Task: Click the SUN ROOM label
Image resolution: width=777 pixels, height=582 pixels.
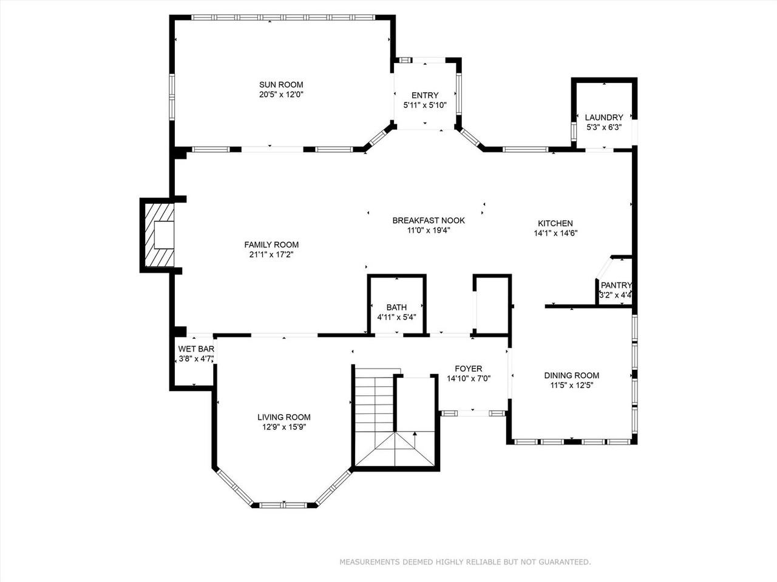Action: tap(281, 85)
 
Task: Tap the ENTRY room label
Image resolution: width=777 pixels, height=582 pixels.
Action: tap(425, 95)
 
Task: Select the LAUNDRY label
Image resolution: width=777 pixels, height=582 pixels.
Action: tap(604, 118)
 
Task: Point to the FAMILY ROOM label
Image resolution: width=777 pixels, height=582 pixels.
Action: tap(271, 244)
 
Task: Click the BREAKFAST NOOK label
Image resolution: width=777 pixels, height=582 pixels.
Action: tap(429, 221)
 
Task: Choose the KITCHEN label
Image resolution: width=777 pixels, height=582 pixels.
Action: tap(555, 223)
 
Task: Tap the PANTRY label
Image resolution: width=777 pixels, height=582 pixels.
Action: tap(616, 285)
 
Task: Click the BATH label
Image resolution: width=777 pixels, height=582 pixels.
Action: tap(396, 307)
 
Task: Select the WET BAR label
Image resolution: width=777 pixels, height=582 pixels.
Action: tap(196, 349)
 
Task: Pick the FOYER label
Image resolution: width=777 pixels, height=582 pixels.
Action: tap(468, 369)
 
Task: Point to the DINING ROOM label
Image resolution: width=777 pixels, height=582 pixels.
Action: tap(572, 376)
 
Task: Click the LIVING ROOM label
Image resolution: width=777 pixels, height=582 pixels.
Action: tap(284, 417)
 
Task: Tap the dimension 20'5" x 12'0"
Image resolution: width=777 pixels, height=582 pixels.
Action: tap(281, 95)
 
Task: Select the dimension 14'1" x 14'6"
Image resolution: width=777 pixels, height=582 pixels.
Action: tap(556, 233)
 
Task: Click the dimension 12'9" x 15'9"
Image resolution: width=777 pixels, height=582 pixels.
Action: tap(284, 427)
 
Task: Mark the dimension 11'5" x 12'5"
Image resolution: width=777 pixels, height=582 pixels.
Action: tap(572, 386)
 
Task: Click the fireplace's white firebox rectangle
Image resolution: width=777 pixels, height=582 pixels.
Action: tap(164, 235)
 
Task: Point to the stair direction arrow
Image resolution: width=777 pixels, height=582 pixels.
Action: tap(415, 440)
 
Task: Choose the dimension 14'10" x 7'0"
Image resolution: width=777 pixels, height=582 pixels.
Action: tap(468, 379)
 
